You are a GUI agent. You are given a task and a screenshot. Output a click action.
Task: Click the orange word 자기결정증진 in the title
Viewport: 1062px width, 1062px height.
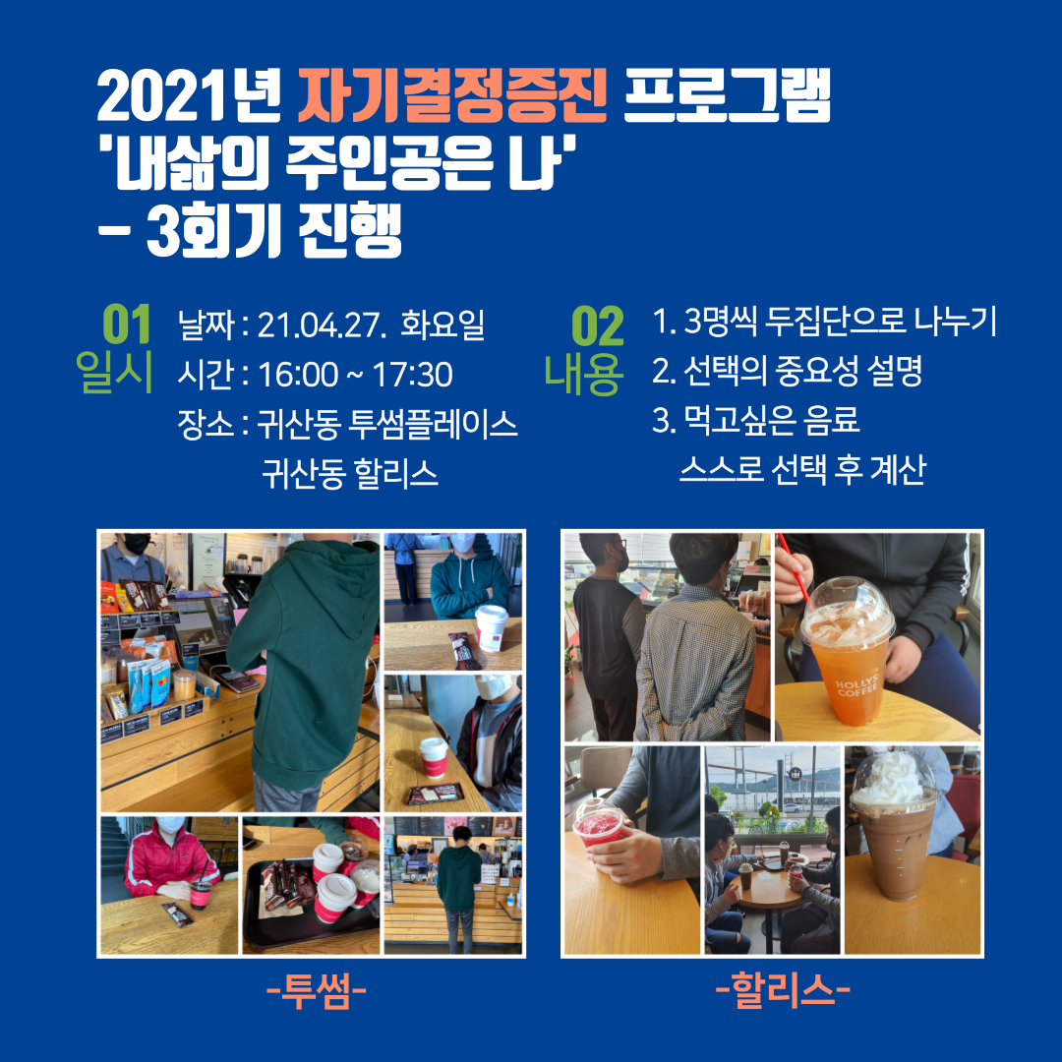pos(451,96)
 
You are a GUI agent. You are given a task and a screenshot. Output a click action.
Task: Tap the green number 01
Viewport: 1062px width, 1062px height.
pos(127,325)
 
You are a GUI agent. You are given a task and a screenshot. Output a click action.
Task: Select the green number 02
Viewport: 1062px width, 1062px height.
pos(597,325)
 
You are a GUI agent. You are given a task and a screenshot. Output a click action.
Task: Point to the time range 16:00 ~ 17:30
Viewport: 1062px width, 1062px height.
pos(355,375)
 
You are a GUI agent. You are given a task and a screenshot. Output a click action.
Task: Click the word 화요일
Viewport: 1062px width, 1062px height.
pos(442,324)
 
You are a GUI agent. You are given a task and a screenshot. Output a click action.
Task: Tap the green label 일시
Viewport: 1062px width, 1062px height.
pos(114,372)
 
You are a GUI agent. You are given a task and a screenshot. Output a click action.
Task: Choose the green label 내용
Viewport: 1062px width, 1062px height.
pos(582,375)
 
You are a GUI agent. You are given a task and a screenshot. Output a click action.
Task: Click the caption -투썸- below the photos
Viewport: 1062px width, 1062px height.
pos(317,992)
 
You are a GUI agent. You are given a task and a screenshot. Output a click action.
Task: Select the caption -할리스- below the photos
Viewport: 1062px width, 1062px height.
pos(783,991)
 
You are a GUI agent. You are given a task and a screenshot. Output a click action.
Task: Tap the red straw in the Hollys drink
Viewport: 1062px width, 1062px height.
pos(794,567)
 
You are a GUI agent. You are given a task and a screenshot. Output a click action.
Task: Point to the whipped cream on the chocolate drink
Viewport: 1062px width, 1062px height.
pos(893,778)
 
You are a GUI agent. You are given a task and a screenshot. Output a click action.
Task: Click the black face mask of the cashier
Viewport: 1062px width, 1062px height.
pos(136,543)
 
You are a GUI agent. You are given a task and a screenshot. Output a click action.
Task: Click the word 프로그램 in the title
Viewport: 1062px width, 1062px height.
pos(726,95)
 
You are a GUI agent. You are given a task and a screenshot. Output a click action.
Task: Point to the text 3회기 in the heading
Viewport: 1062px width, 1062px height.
pos(214,230)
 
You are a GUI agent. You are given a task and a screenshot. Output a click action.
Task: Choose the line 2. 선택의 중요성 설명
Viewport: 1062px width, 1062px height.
pos(787,371)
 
